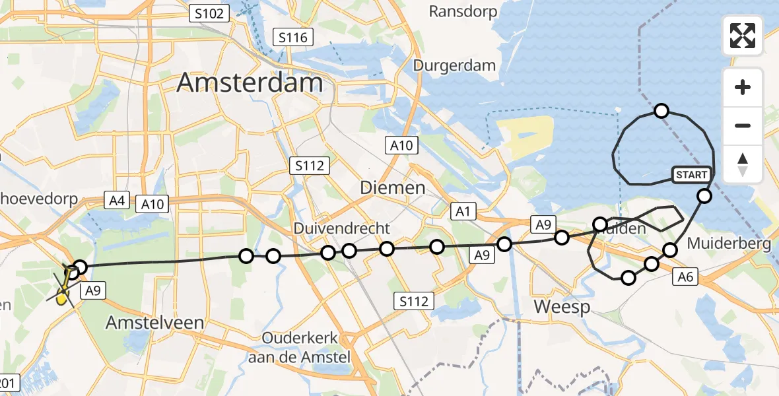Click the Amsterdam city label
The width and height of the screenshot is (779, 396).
coord(250,83)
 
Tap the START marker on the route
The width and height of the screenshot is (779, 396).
coord(691,175)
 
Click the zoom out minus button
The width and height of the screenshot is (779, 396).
coord(743,125)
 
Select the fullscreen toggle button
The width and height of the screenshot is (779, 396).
coord(743,36)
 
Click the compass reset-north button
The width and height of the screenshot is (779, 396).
coord(743,164)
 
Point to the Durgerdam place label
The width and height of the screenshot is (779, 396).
coord(454,65)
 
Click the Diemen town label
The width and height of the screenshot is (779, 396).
coord(392,187)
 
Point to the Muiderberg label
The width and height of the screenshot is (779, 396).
coord(729,244)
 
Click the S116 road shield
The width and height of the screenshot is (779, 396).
coord(292,38)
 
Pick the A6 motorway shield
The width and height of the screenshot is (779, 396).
coord(685,278)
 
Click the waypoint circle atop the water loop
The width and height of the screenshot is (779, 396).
coord(661,111)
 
